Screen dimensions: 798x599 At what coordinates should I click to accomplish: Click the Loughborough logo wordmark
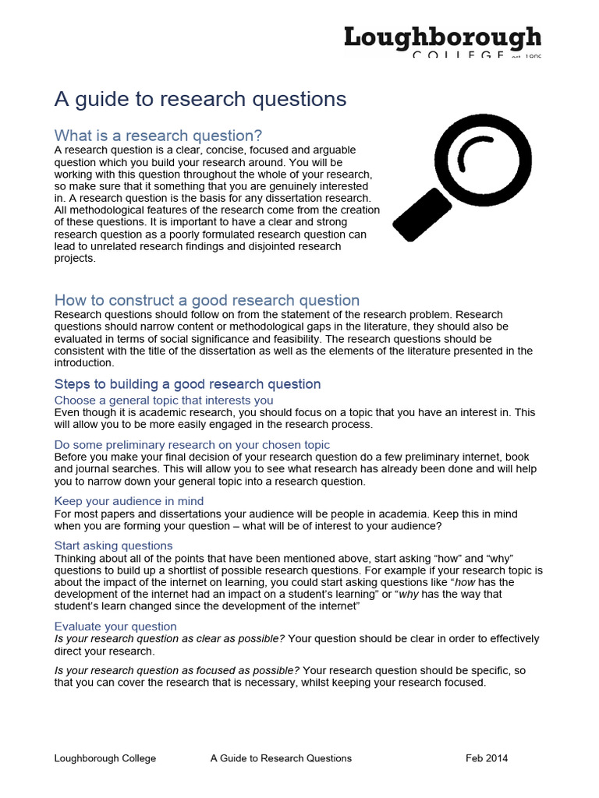pos(442,37)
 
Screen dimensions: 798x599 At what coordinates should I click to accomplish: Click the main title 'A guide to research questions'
pos(200,99)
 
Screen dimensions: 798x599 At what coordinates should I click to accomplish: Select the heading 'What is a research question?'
pos(158,135)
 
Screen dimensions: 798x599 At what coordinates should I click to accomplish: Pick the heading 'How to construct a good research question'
pos(207,300)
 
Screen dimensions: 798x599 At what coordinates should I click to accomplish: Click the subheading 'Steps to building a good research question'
pos(187,384)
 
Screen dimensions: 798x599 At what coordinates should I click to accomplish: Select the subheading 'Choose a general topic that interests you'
pos(164,400)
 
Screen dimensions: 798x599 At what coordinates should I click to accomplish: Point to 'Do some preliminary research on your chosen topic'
pos(192,444)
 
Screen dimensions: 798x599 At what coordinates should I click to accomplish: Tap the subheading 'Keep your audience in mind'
pos(129,501)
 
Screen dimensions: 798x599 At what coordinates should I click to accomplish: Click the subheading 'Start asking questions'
pos(113,546)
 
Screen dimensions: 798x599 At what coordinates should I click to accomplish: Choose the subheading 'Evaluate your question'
pos(115,626)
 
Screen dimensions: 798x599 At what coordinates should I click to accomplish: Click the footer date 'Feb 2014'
pos(487,758)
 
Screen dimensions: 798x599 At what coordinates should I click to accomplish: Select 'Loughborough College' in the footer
pos(105,758)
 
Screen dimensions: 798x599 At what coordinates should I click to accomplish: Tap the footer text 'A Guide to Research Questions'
pos(281,758)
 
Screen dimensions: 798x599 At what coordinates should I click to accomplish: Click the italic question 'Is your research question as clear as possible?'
pos(169,638)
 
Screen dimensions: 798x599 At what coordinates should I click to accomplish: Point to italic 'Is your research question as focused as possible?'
pos(176,670)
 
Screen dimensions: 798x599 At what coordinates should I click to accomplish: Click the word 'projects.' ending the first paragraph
pos(75,259)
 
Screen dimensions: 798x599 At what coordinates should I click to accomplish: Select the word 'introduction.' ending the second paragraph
pos(83,363)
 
